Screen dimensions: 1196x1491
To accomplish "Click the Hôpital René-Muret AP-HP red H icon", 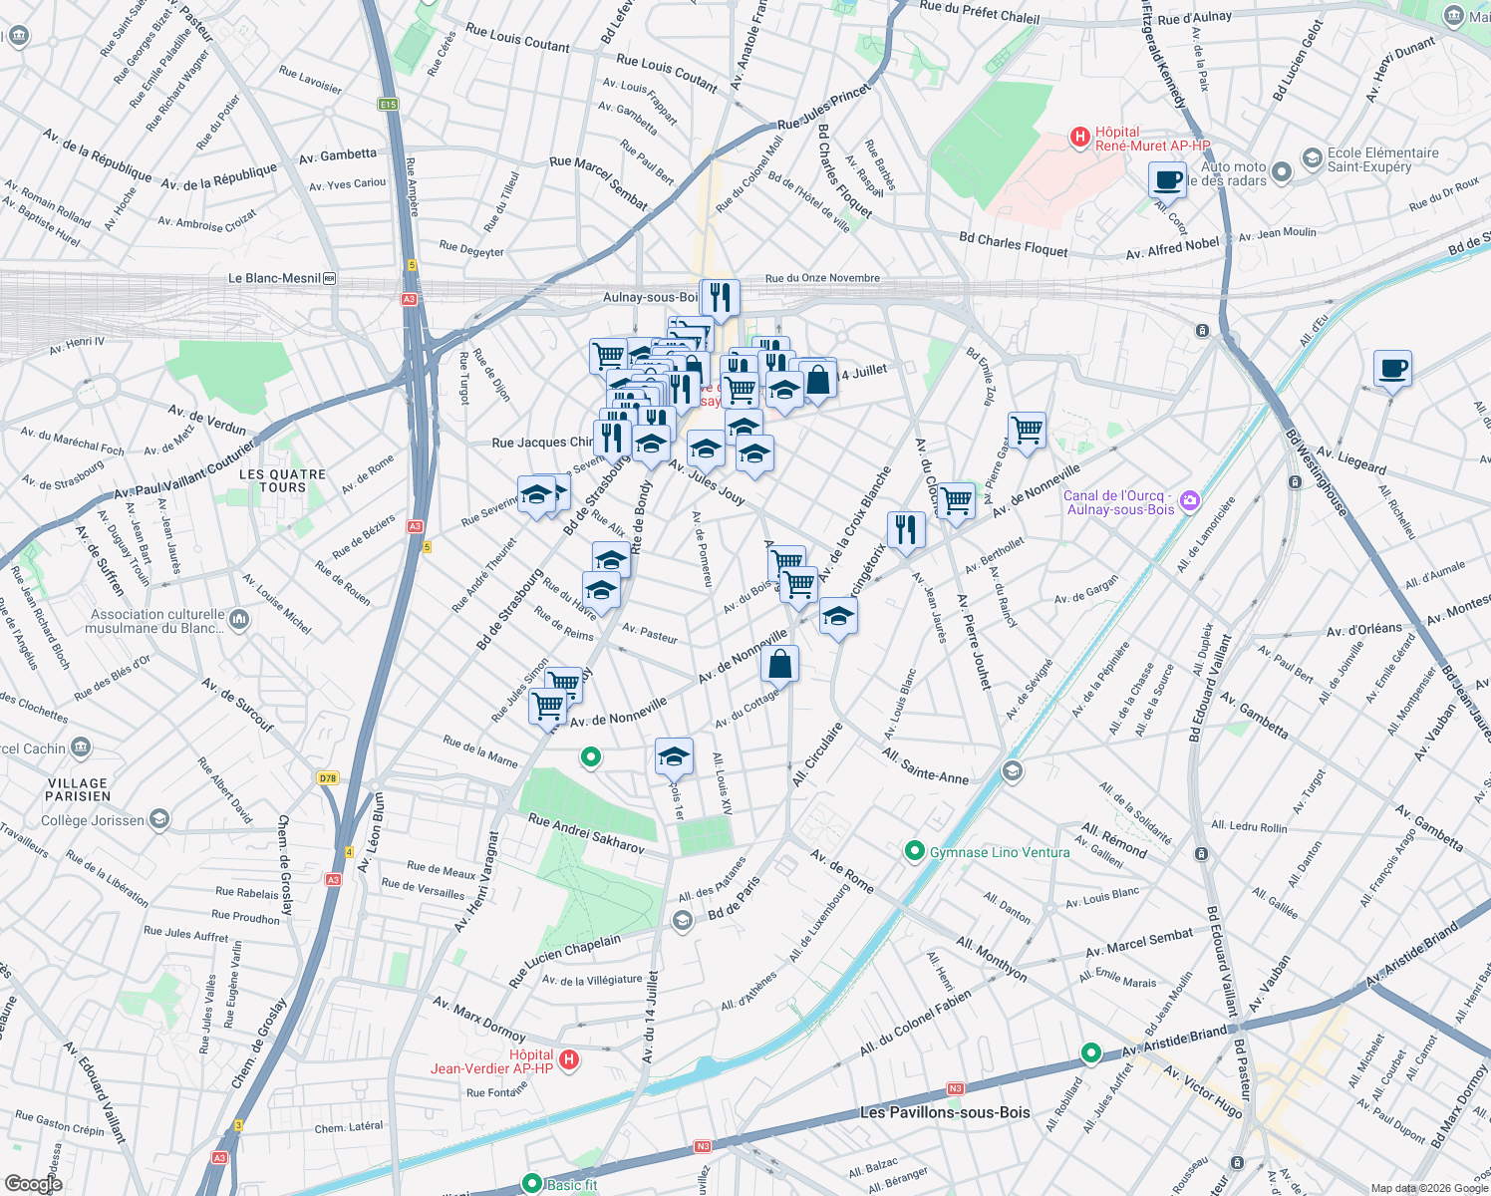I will click(x=1079, y=138).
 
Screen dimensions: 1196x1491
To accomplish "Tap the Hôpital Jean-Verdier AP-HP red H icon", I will click(x=568, y=1059).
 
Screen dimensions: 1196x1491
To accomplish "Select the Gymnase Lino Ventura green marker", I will click(x=914, y=851).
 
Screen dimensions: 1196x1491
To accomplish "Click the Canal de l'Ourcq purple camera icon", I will click(x=1189, y=502).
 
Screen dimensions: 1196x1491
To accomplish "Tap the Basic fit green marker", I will click(x=532, y=1184).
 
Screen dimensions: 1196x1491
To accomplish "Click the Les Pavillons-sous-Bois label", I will click(x=944, y=1112).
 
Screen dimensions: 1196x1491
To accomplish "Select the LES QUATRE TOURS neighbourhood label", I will click(x=282, y=481).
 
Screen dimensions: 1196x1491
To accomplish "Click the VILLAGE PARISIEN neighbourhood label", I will click(x=78, y=789).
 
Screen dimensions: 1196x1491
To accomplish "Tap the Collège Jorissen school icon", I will click(x=158, y=819).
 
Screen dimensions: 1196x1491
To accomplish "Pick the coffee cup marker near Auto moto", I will click(x=1167, y=180).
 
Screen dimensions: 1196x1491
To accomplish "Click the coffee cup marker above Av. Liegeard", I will click(x=1392, y=368).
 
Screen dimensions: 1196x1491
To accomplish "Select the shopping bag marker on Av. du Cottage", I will click(x=779, y=663).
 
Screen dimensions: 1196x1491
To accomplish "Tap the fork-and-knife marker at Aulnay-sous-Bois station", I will click(x=720, y=297).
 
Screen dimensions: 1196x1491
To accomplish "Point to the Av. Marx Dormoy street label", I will click(x=478, y=1017).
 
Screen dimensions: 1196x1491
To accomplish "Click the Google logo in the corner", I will click(x=33, y=1183).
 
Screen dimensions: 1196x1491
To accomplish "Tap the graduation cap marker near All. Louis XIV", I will click(x=674, y=756).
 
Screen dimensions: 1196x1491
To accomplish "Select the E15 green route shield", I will click(x=388, y=104).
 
